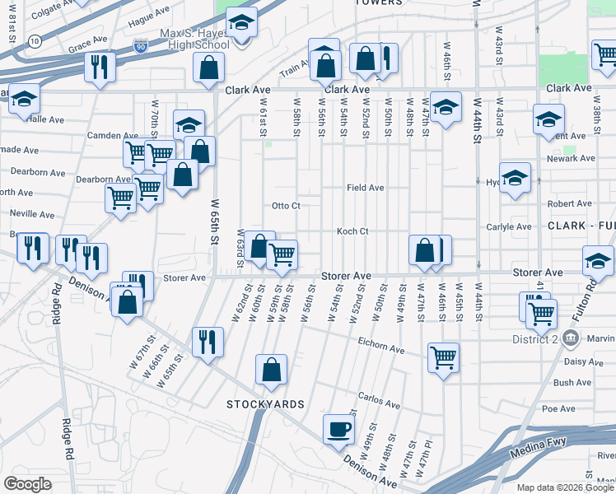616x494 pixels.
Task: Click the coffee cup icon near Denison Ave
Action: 338,429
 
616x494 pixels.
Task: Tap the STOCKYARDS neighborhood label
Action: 265,404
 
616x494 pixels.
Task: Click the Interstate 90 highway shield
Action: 142,43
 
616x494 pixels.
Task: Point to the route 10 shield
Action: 34,40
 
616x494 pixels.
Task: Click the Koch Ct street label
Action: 352,231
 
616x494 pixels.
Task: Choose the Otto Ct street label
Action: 286,205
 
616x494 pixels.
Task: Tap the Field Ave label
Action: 365,188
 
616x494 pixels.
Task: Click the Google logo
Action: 27,484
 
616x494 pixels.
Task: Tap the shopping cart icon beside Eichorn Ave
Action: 443,357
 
